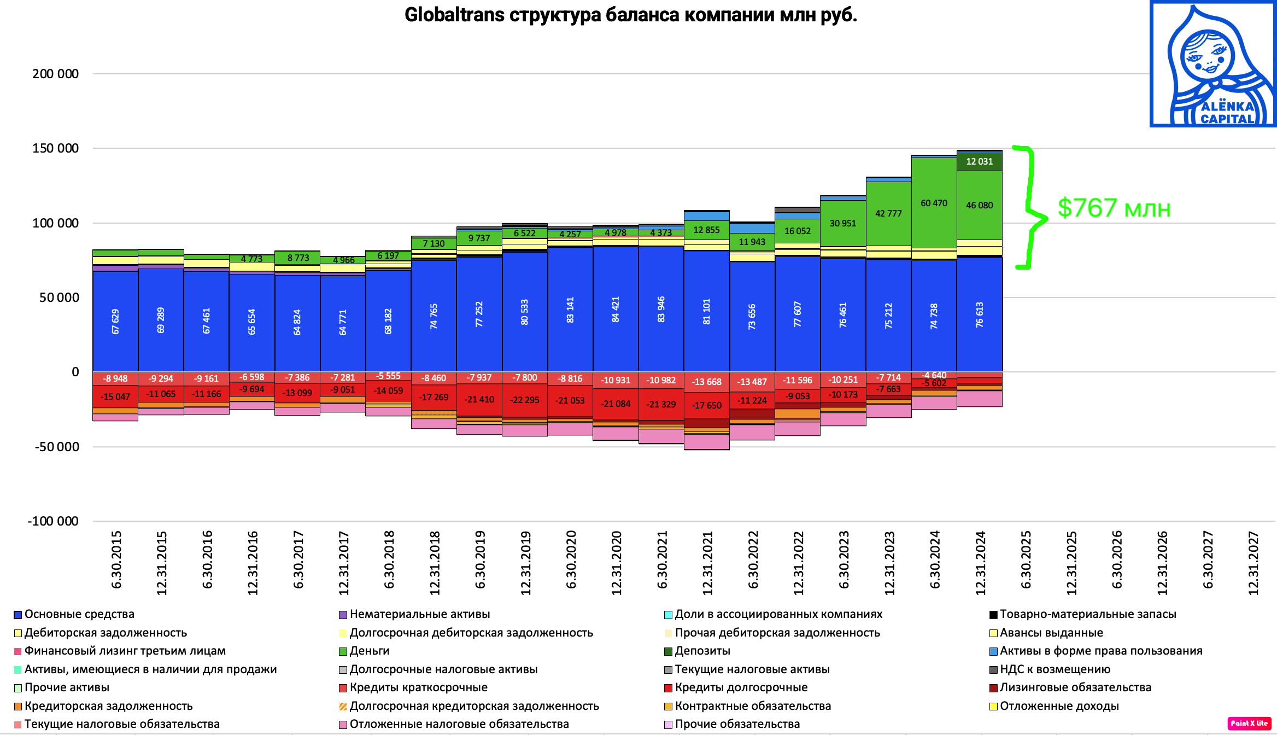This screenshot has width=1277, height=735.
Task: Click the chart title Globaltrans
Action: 630,15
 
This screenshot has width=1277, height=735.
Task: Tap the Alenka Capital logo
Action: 1213,65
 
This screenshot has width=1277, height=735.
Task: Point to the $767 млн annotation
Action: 1114,208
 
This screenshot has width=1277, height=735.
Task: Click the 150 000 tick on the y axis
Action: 55,148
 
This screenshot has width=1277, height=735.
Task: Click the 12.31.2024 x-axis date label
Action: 980,563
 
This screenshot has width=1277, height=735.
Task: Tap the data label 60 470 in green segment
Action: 934,203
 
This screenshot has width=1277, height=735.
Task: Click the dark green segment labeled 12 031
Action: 979,161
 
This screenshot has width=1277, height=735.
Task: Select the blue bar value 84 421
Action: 616,310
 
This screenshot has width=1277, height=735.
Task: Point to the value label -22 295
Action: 524,400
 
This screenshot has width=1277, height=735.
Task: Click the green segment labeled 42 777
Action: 888,213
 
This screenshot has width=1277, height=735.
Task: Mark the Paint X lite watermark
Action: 1249,723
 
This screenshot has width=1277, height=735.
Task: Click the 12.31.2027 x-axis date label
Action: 1253,563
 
